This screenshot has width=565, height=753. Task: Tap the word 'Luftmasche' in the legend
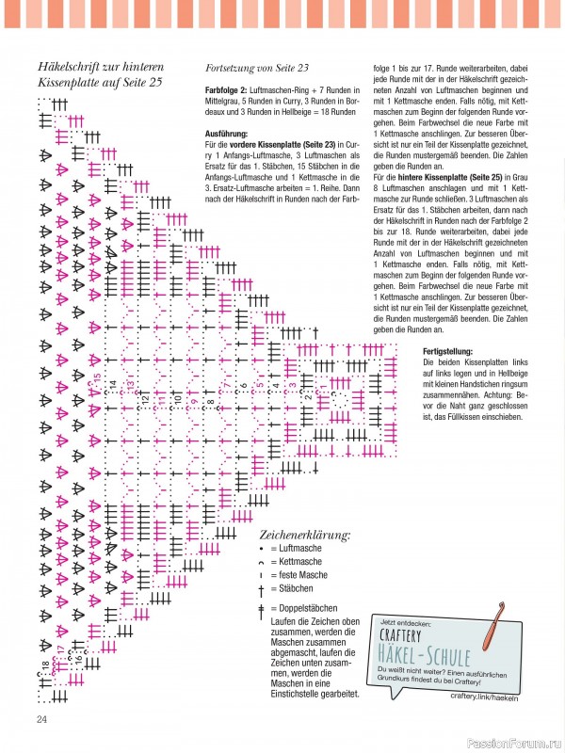point(297,548)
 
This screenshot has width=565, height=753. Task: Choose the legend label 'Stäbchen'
point(294,588)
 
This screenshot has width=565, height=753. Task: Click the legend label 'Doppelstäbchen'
point(306,608)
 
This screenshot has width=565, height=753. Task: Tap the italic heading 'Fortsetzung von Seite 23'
point(256,69)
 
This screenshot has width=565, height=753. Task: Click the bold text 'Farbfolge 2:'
point(226,88)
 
